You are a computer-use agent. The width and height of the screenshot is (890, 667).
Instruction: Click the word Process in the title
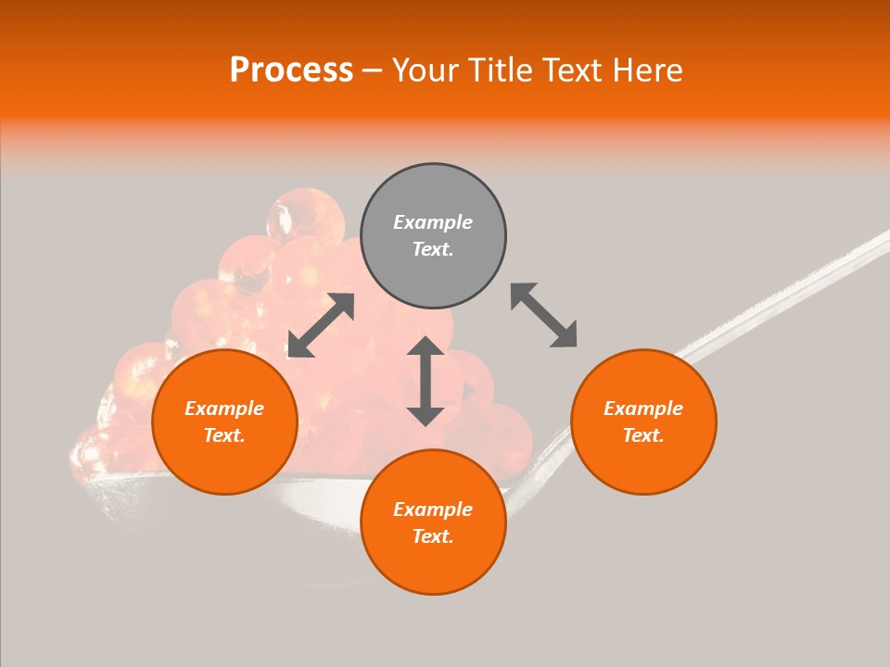291,70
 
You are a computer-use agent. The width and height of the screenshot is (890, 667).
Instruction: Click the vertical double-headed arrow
426,381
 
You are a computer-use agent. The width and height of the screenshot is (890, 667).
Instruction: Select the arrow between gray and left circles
321,325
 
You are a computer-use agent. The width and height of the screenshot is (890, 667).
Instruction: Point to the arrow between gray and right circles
544,315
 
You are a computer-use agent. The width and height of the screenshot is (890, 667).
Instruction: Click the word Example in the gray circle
433,222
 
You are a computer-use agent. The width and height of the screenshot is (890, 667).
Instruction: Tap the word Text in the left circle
224,435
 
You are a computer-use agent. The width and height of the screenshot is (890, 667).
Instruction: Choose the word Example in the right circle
643,409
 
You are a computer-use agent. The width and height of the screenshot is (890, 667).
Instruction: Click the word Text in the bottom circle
433,536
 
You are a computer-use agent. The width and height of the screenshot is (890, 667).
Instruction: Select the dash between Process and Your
372,70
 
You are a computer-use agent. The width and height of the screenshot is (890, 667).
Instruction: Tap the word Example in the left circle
224,409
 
